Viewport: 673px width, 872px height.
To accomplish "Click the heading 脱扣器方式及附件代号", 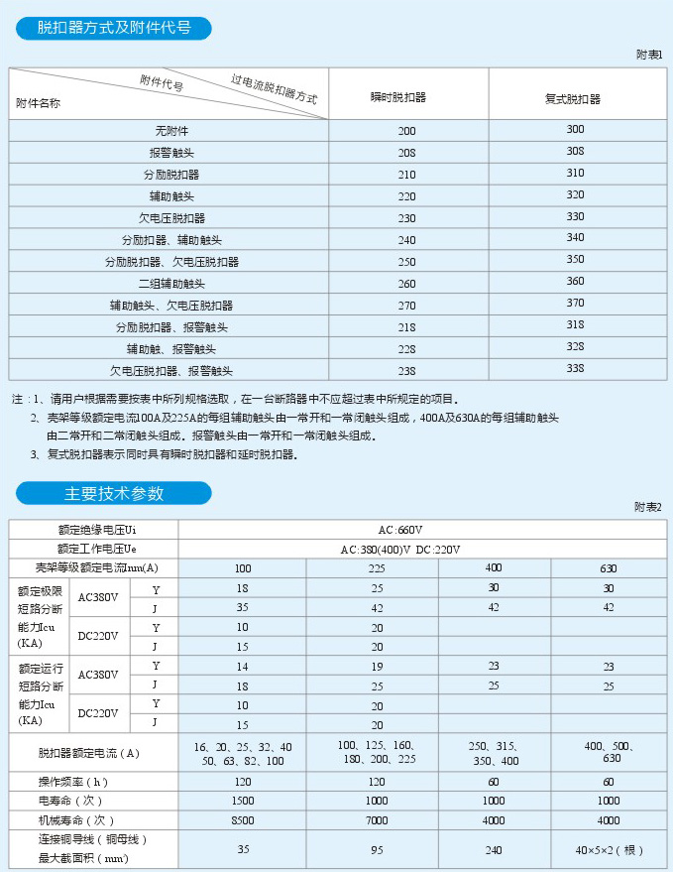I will [114, 29].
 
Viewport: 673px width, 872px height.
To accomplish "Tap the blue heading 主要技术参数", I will [114, 493].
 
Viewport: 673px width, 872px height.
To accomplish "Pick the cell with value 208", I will [406, 153].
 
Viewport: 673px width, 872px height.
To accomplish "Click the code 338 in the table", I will [575, 369].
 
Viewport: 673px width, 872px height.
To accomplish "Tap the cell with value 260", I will [406, 284].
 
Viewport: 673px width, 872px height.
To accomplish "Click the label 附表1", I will [649, 55].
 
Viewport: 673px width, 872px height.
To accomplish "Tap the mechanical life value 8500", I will [242, 820].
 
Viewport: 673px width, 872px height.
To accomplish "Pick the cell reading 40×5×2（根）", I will [609, 850].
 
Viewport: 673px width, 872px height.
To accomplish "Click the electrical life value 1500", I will [242, 801].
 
